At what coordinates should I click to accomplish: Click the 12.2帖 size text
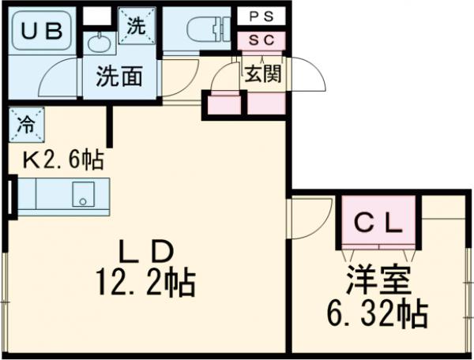click(149, 282)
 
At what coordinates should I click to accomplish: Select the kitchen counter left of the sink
click(39, 194)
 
